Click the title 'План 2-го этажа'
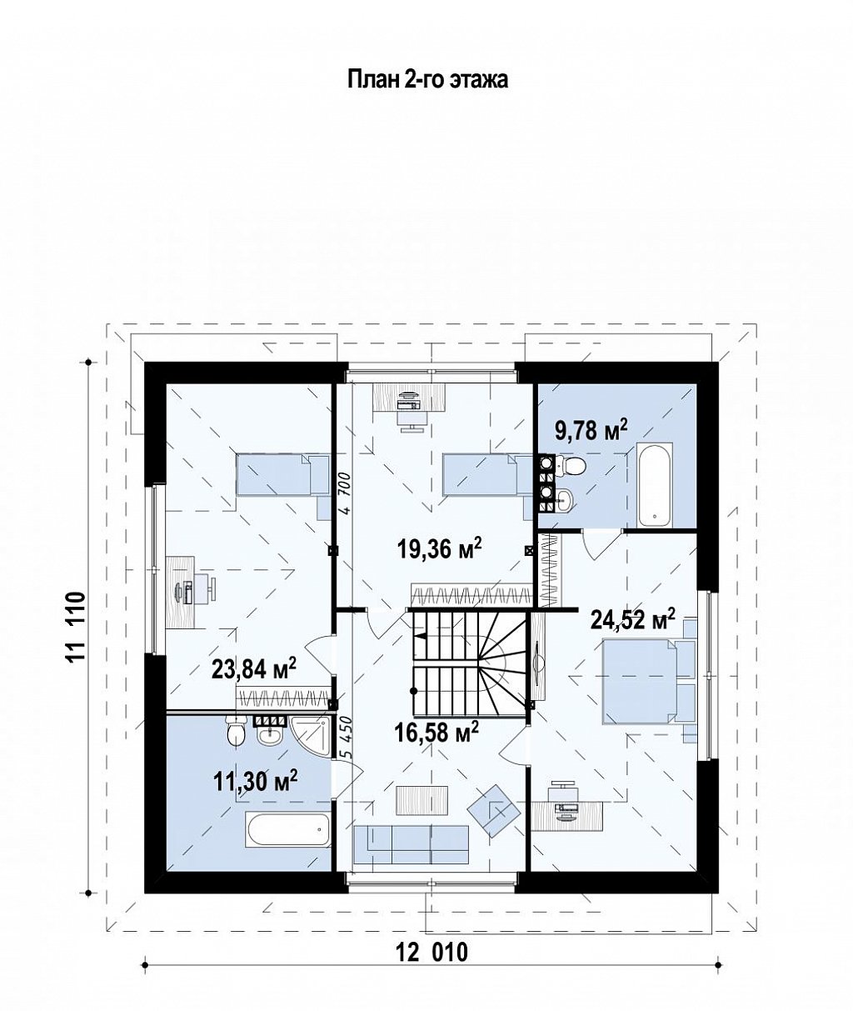click(427, 79)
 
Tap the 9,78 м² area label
click(591, 429)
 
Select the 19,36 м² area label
click(439, 548)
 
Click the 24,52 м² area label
click(633, 619)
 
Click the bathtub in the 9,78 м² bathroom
click(655, 486)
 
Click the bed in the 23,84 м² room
click(282, 475)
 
